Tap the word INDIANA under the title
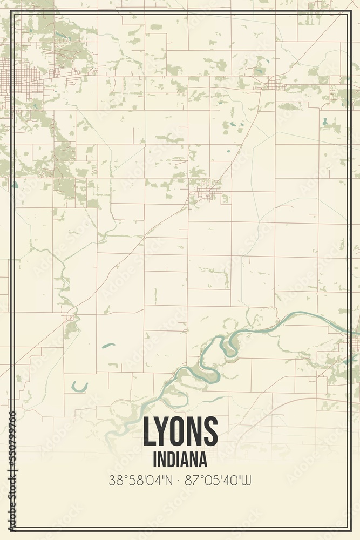(180, 460)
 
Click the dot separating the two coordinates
(180, 480)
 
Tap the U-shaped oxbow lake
(79, 387)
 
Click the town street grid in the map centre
(207, 190)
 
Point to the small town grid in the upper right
(274, 84)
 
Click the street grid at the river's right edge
(354, 343)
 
